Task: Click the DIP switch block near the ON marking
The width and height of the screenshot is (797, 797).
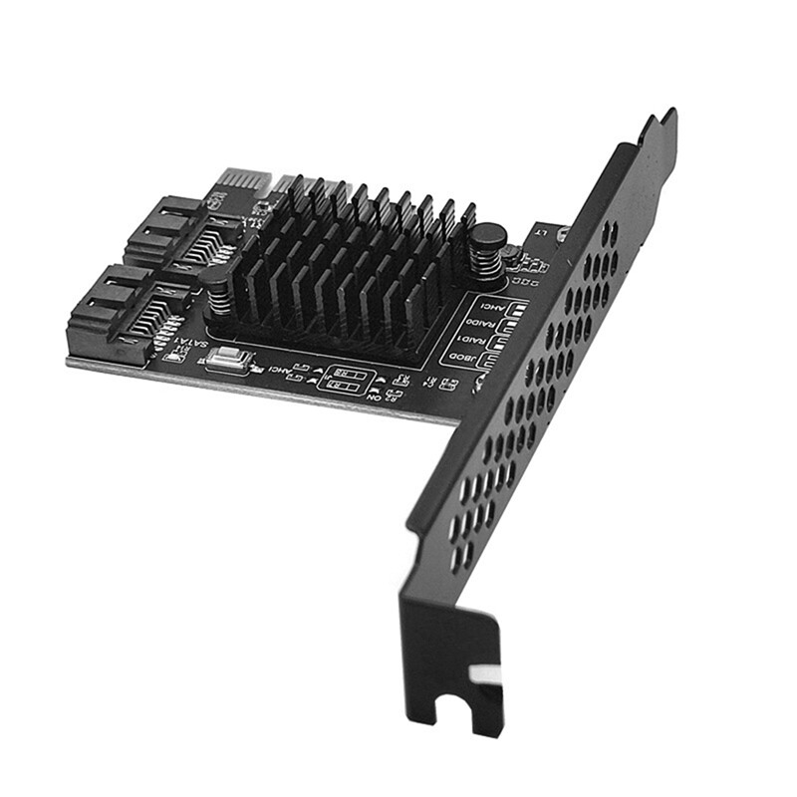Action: [345, 381]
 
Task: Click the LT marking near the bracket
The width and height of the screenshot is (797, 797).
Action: [540, 232]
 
